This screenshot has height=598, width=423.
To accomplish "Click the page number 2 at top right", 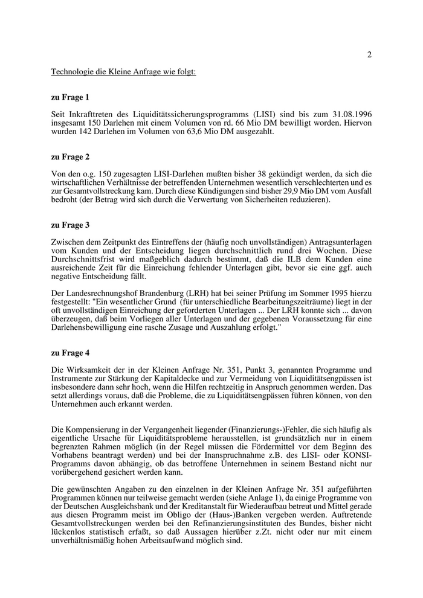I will click(x=369, y=55).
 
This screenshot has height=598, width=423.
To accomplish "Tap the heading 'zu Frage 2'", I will click(x=70, y=156).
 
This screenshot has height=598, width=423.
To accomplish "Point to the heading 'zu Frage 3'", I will click(x=70, y=225).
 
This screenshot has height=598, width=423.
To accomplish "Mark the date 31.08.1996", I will click(x=352, y=114).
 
